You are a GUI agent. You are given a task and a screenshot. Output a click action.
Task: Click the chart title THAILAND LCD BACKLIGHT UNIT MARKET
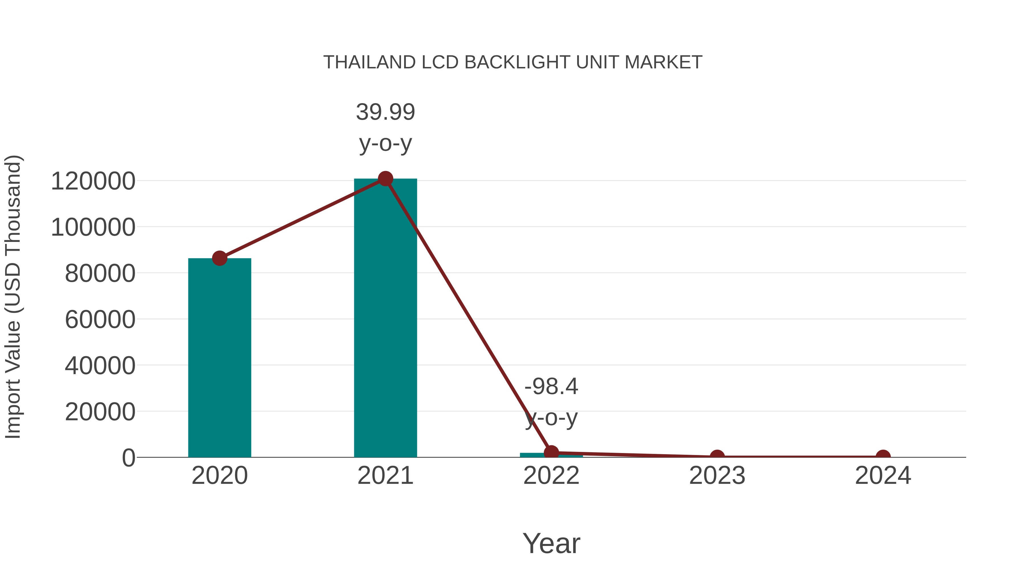tap(513, 62)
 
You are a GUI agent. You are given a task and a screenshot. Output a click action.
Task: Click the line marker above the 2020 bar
tap(219, 258)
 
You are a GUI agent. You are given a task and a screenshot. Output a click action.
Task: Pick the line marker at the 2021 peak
tap(385, 179)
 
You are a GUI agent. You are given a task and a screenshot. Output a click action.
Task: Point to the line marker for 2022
tap(551, 452)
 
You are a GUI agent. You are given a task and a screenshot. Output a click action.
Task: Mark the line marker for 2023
tap(717, 456)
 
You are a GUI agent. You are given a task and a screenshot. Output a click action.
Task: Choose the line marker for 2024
tap(883, 456)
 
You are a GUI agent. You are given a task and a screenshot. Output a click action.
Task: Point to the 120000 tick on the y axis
tap(93, 181)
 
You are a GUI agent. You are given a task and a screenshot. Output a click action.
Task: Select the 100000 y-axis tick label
tap(93, 227)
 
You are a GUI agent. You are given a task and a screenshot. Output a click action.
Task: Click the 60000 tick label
tap(100, 319)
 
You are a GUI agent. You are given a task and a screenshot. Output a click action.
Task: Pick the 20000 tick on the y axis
tap(100, 412)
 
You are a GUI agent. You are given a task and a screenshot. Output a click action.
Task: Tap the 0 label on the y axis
tap(129, 458)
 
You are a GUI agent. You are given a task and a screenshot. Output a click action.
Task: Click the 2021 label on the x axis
tap(385, 476)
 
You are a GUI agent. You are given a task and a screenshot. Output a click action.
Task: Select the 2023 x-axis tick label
tap(717, 476)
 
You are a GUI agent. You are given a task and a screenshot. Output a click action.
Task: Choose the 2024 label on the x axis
tap(883, 476)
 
